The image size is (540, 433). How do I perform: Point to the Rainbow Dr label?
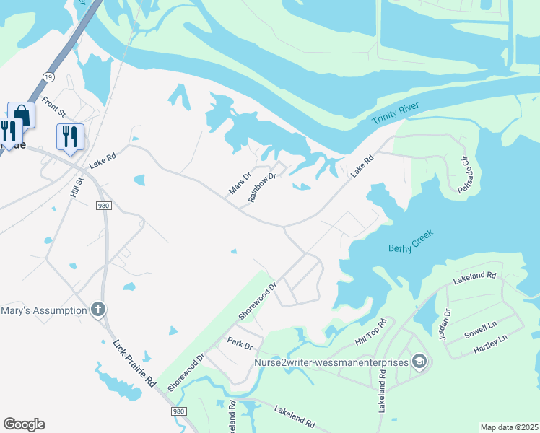(263, 187)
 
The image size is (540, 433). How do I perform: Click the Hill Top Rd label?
(371, 332)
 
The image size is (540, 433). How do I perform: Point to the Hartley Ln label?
(491, 344)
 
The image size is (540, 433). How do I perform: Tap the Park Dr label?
(238, 341)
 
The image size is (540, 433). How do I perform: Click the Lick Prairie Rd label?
(134, 364)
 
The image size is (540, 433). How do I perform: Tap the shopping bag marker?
(22, 115)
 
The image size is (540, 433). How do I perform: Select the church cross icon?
(98, 310)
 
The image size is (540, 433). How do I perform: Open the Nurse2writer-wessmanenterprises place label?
(332, 361)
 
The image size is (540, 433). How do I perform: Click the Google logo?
(24, 424)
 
